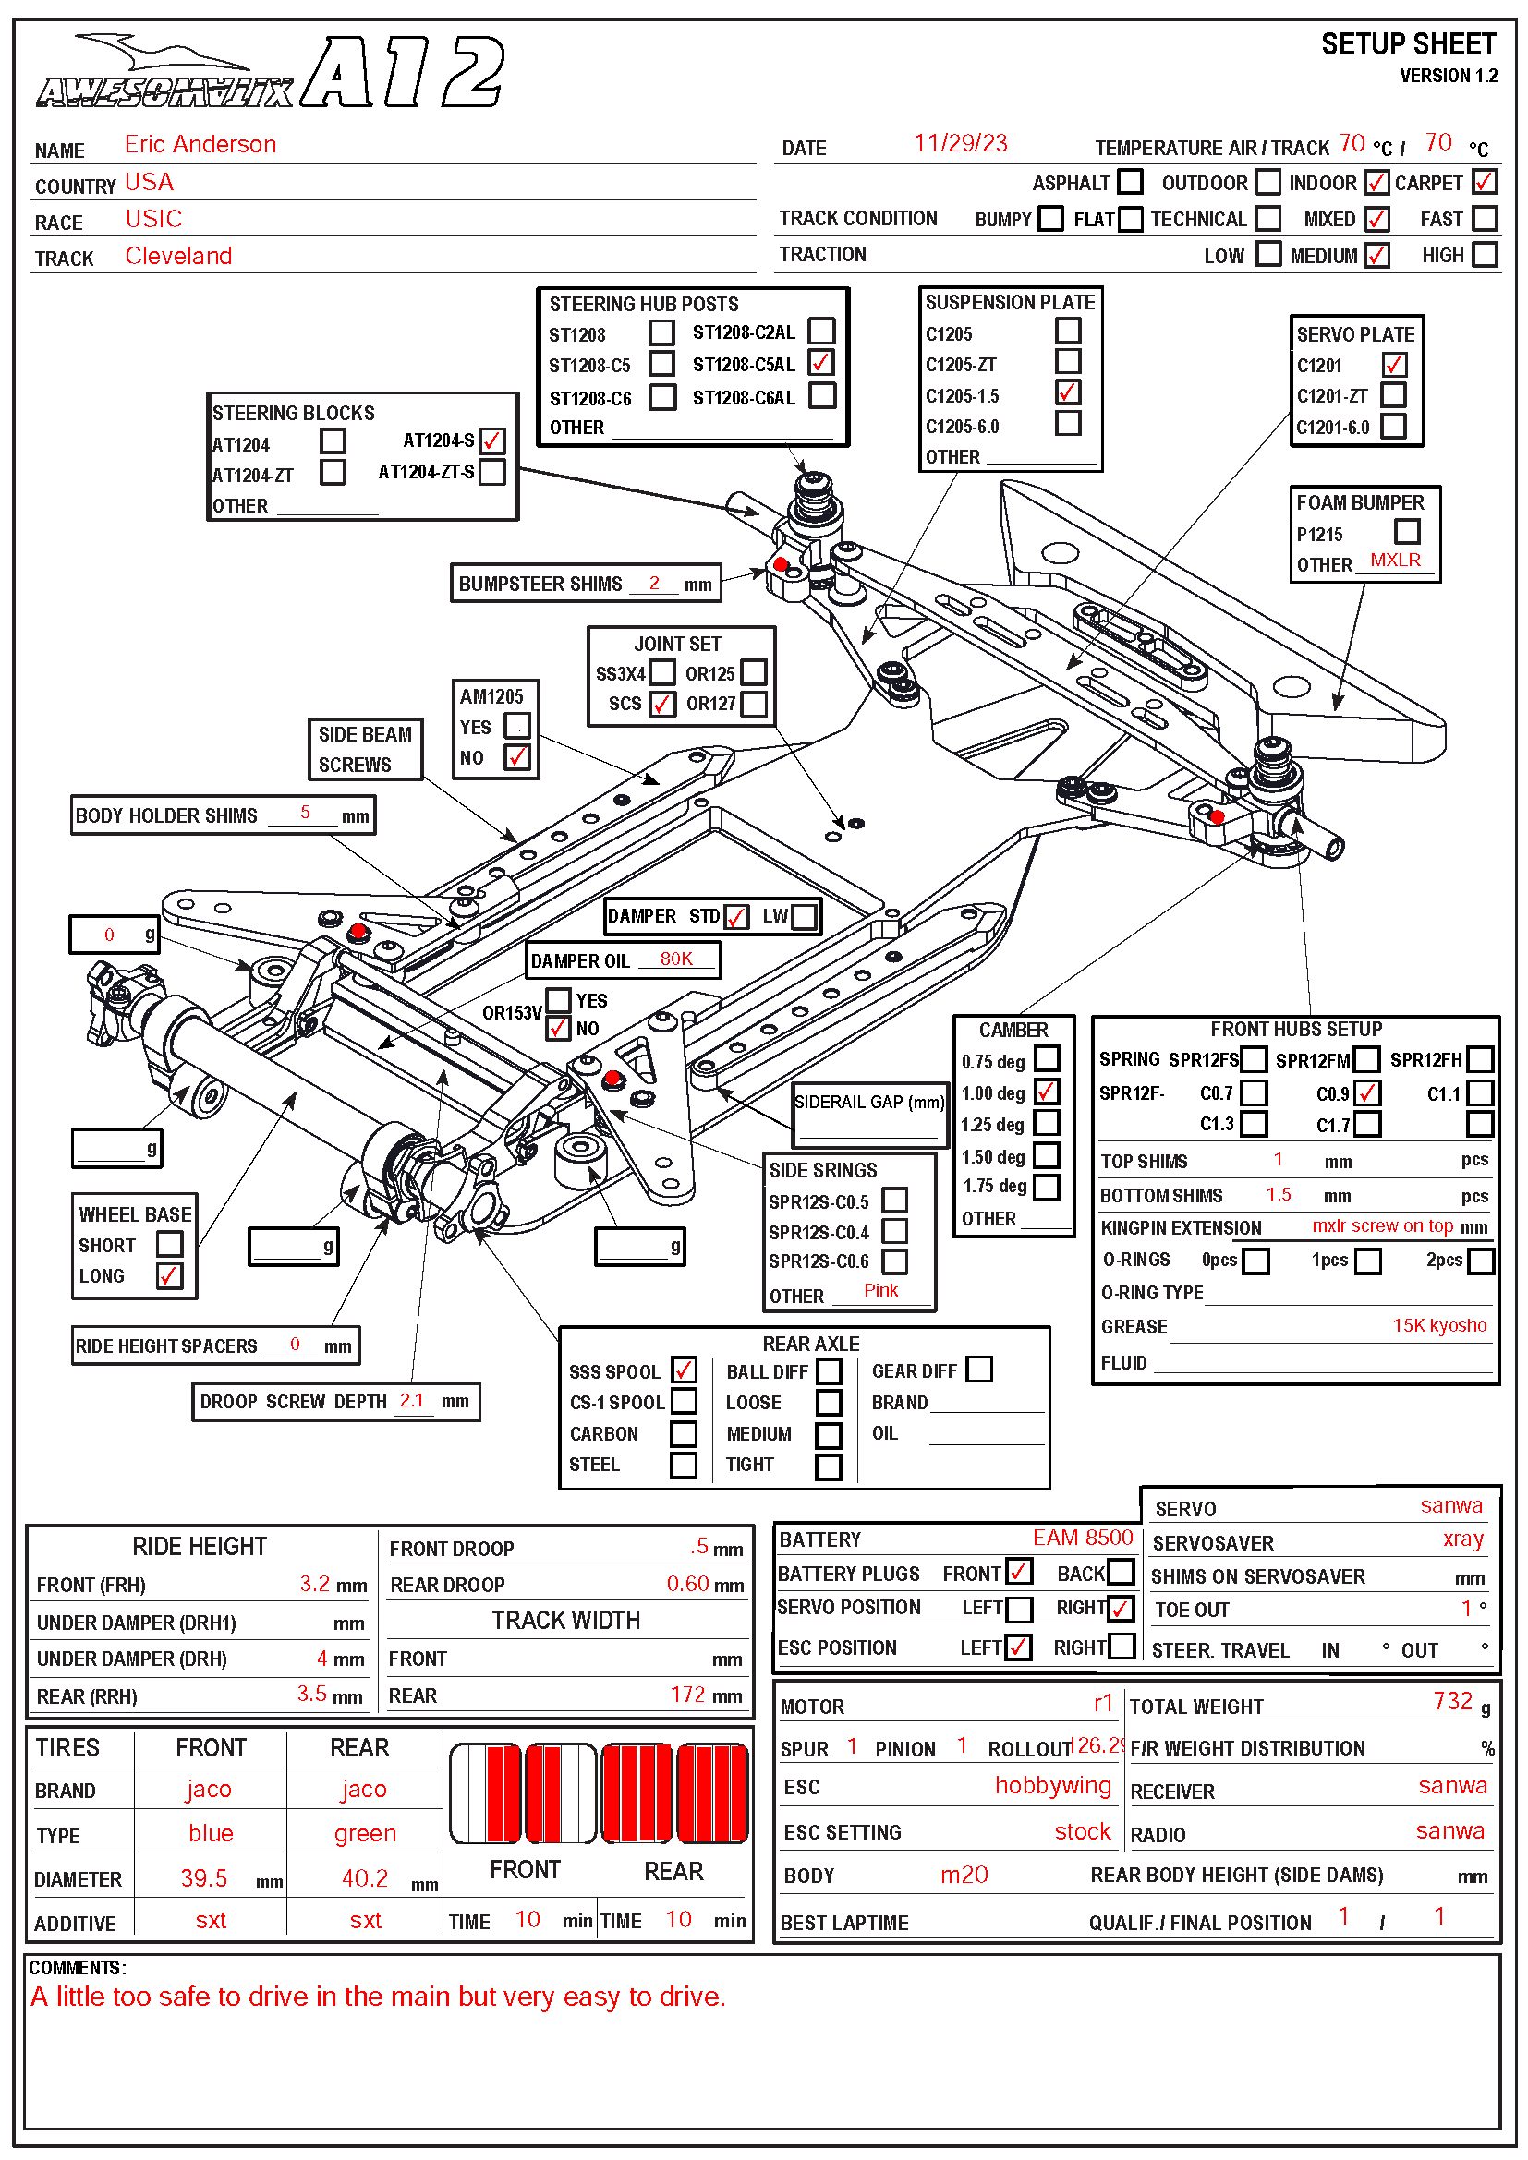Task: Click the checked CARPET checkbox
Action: tap(1484, 182)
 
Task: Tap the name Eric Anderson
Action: tap(200, 145)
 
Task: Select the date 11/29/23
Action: tap(960, 143)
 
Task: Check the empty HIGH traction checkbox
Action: tap(1484, 255)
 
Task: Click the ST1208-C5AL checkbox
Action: tap(821, 363)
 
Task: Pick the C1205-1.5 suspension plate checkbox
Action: tap(1067, 392)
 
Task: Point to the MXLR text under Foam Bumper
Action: tap(1394, 561)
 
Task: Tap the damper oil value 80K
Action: tap(675, 959)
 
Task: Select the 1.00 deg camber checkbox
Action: tap(1047, 1092)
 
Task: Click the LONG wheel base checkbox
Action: tap(169, 1275)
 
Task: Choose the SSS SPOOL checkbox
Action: tap(684, 1370)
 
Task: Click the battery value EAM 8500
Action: tap(1082, 1538)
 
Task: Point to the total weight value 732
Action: tap(1452, 1701)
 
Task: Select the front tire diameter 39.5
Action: tap(204, 1877)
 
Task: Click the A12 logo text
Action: tap(405, 73)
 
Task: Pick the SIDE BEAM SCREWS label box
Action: tap(365, 749)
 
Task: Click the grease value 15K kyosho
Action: tap(1438, 1325)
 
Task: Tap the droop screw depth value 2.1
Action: tap(411, 1400)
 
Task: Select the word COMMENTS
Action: tap(75, 1967)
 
